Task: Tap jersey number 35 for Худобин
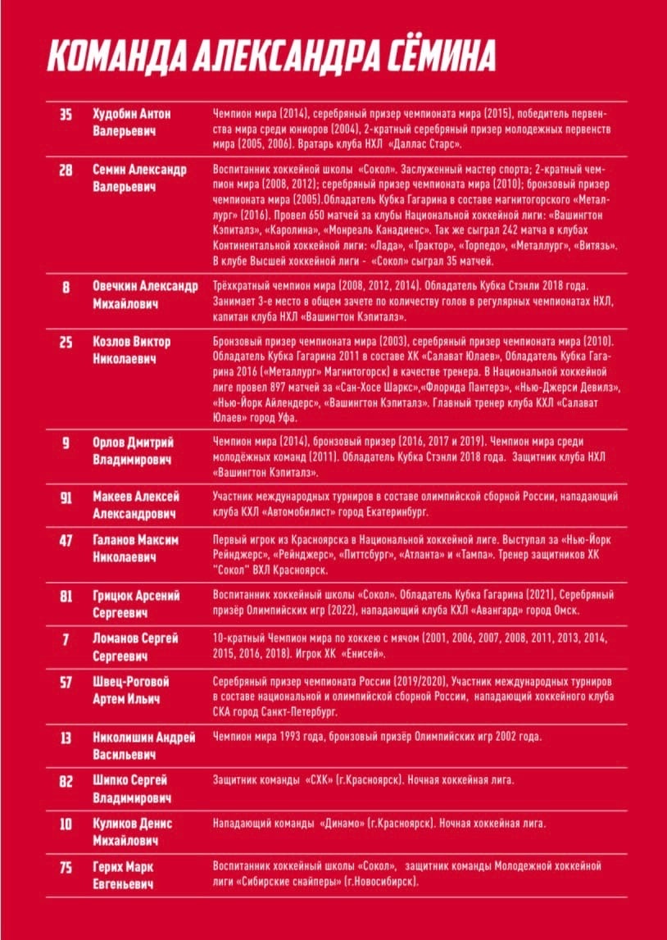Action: tap(66, 114)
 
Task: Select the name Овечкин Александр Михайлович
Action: tap(145, 295)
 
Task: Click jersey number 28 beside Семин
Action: tap(66, 170)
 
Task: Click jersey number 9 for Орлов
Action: tap(66, 443)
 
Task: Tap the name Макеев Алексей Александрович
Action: tap(136, 504)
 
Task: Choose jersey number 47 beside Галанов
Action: tap(66, 541)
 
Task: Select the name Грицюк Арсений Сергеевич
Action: tap(136, 604)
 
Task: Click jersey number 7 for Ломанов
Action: tap(66, 639)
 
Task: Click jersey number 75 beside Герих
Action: tap(66, 867)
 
